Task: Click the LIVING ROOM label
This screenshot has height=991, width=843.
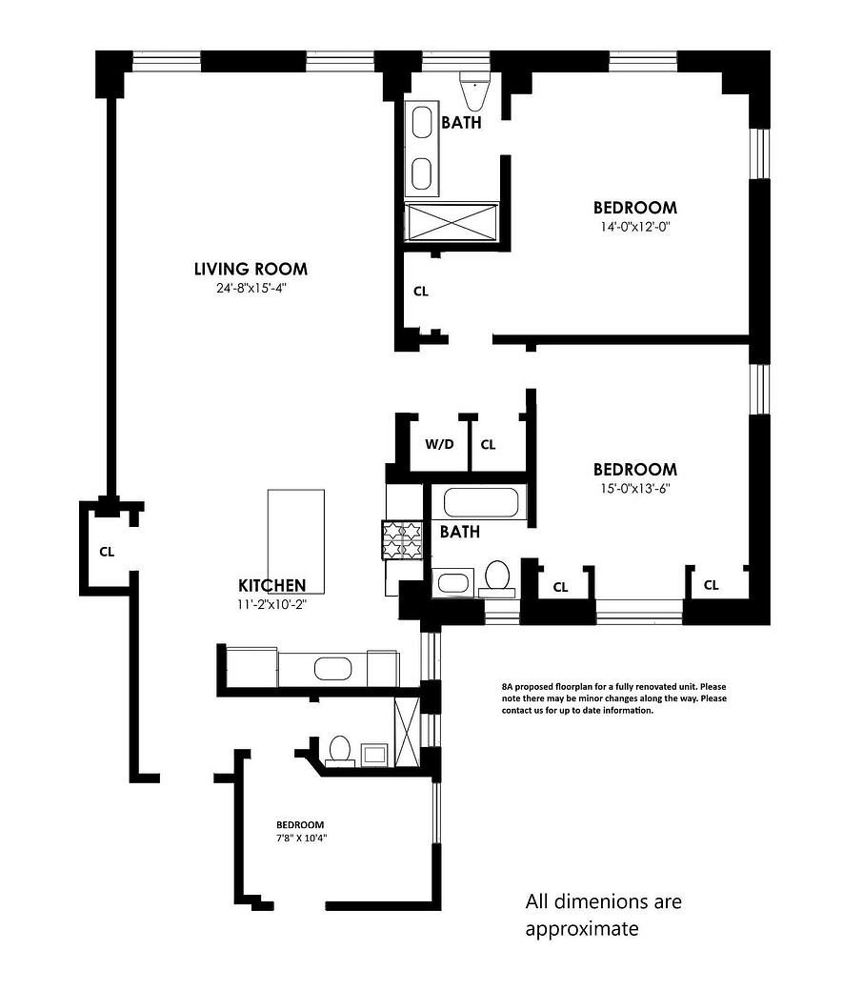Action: point(251,269)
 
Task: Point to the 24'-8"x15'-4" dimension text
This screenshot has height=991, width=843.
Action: point(251,288)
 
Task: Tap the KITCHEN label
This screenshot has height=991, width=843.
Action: point(271,585)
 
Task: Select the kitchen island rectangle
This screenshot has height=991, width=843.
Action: point(295,541)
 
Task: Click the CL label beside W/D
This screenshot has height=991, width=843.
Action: point(488,445)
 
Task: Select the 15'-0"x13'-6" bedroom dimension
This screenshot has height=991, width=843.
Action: point(634,489)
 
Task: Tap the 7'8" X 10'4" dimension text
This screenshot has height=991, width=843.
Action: point(300,839)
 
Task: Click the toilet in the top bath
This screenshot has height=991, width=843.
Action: point(472,91)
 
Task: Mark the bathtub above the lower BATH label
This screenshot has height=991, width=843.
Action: point(482,503)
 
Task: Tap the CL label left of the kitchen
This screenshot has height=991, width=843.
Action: point(107,551)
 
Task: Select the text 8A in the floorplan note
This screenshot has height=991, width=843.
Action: point(508,686)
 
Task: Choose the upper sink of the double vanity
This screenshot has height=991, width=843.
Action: point(421,123)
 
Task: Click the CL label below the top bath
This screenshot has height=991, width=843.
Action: point(420,292)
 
